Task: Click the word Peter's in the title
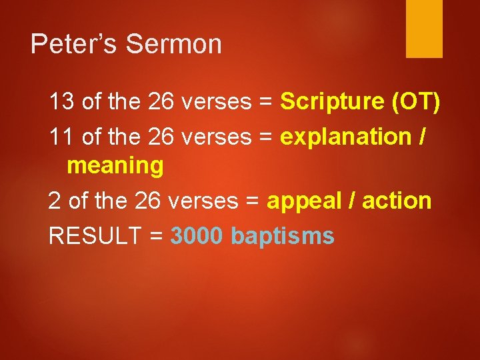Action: click(x=74, y=45)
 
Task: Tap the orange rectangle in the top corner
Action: click(x=424, y=28)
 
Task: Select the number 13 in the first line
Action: click(x=62, y=102)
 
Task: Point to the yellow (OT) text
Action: click(x=416, y=102)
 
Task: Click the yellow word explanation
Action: click(x=346, y=137)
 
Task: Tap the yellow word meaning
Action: click(x=115, y=165)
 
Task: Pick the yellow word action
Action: click(x=397, y=201)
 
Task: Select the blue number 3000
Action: click(x=197, y=235)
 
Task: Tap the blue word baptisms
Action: click(x=282, y=235)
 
